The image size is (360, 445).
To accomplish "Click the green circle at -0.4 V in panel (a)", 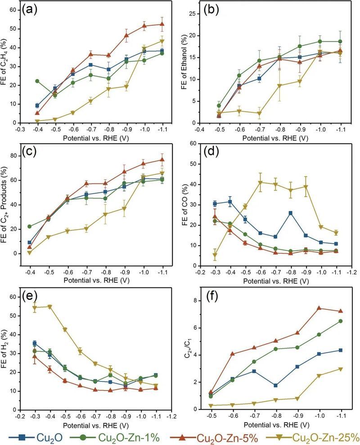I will (37, 81).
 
